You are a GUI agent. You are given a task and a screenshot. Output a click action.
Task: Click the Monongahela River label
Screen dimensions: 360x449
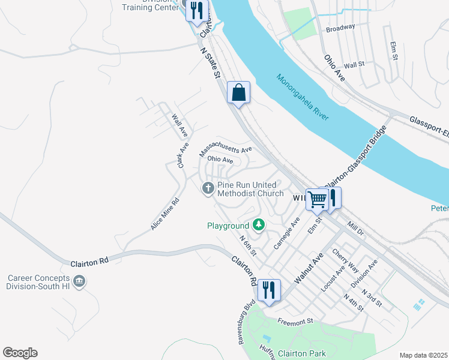click(x=303, y=97)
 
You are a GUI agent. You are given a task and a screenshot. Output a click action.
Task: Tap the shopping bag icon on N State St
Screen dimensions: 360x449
click(x=239, y=93)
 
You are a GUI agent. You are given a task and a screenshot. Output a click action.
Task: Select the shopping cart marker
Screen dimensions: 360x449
click(x=317, y=199)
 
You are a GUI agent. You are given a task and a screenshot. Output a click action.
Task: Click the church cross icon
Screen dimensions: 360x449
click(x=208, y=189)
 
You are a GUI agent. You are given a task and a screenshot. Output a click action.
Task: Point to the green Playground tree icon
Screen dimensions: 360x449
click(x=259, y=225)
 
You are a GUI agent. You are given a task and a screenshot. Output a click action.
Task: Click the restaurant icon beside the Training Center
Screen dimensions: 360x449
click(x=196, y=10)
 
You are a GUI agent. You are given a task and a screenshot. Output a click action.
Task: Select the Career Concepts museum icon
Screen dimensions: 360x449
click(x=79, y=281)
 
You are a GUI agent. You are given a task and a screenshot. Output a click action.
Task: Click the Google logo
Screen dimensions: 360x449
click(x=20, y=353)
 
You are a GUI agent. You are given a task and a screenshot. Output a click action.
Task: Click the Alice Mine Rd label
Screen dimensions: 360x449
click(x=165, y=215)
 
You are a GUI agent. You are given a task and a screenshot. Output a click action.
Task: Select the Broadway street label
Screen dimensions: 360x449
click(x=340, y=27)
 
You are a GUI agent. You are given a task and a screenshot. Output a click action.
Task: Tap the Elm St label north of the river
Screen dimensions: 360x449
click(x=394, y=51)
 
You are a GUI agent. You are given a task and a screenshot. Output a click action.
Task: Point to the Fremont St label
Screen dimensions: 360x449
click(x=295, y=321)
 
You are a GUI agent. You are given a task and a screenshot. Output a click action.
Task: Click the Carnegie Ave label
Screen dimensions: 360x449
click(x=286, y=234)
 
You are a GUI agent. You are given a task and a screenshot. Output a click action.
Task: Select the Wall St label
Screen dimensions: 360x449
click(x=354, y=64)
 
